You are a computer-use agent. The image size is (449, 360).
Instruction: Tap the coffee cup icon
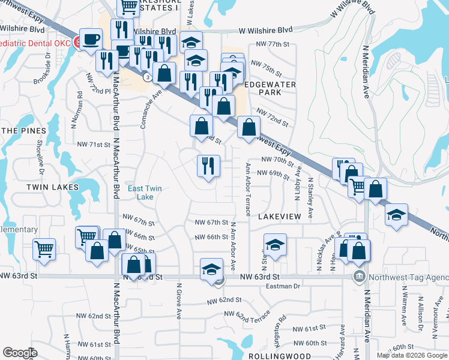91,40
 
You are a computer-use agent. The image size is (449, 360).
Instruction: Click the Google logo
20,352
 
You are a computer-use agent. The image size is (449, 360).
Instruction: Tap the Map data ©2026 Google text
412,356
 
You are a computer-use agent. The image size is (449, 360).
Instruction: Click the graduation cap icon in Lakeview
275,245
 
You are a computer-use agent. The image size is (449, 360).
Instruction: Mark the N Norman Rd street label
79,102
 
